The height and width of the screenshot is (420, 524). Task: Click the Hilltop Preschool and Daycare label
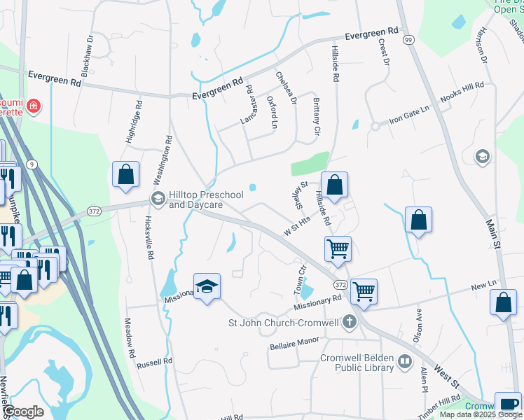click(205, 199)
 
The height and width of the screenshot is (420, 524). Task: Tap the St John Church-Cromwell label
click(284, 323)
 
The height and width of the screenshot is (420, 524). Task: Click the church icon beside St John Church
click(349, 323)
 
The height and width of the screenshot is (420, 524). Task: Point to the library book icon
click(404, 361)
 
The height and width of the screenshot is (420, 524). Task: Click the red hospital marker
click(33, 107)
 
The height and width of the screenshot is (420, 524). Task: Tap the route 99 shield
click(408, 40)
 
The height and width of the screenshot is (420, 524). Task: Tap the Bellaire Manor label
click(294, 343)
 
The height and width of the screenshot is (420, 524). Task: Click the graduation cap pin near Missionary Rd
click(207, 287)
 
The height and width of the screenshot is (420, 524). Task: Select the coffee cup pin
click(508, 405)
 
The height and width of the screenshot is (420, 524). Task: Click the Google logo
click(23, 412)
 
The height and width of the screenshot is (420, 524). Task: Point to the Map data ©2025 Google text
click(479, 414)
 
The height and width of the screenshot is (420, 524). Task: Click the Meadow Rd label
click(129, 338)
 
